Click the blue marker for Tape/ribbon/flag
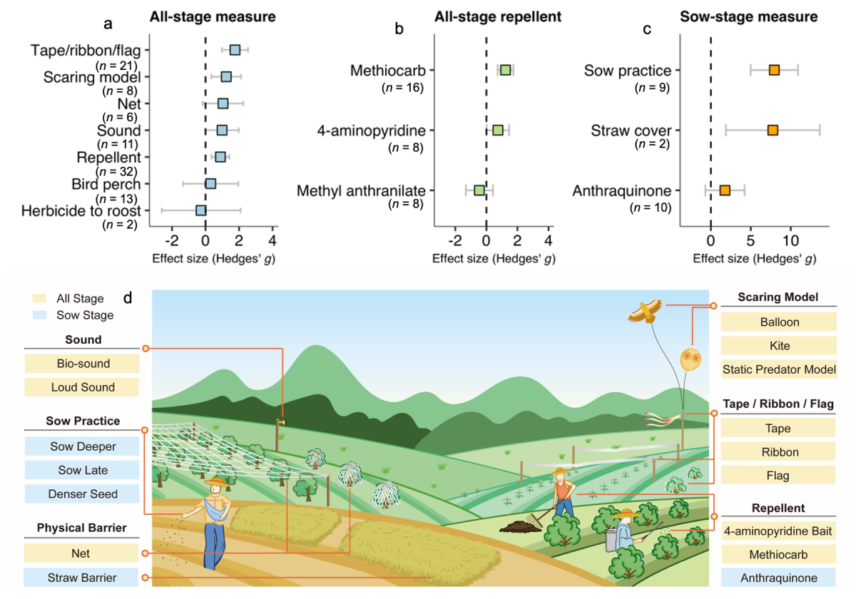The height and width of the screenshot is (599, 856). tap(235, 50)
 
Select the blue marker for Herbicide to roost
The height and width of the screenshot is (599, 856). tap(201, 210)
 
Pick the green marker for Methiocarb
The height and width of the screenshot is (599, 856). tap(505, 70)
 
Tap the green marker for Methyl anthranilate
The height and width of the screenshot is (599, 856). tap(479, 190)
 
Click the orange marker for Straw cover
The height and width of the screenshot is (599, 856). tap(773, 130)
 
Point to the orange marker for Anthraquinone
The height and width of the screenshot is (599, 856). tap(725, 190)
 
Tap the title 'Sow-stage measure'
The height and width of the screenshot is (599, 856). tap(759, 15)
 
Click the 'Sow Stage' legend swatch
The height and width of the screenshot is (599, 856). tap(41, 315)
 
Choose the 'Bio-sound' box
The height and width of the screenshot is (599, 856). tap(81, 364)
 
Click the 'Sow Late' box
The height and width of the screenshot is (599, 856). tap(81, 471)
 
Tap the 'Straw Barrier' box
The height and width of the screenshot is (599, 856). tap(81, 577)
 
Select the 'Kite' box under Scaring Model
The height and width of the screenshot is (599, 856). tap(778, 346)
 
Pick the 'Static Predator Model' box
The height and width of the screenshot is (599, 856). tap(778, 369)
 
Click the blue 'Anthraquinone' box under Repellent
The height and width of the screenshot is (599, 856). tap(778, 577)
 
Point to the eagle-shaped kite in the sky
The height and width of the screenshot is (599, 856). tap(646, 311)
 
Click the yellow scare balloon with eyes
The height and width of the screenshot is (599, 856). tap(689, 359)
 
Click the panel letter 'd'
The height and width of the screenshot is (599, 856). tap(128, 295)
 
